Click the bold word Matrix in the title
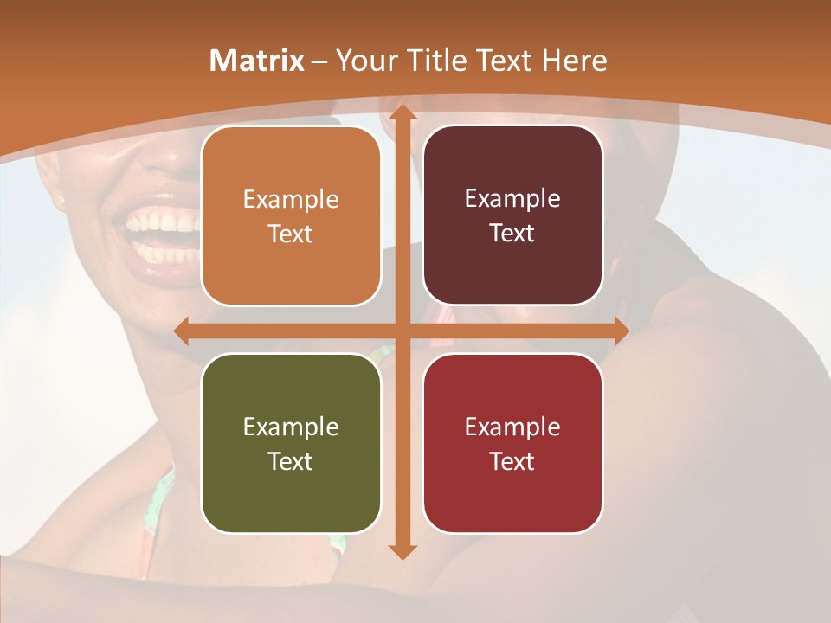pyautogui.click(x=257, y=61)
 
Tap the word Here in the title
pyautogui.click(x=575, y=61)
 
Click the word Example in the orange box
pyautogui.click(x=291, y=200)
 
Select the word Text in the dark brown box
pyautogui.click(x=512, y=234)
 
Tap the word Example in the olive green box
pyautogui.click(x=291, y=427)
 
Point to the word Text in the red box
pyautogui.click(x=512, y=461)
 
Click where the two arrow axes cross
pyautogui.click(x=402, y=331)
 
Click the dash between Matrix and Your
pyautogui.click(x=320, y=61)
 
